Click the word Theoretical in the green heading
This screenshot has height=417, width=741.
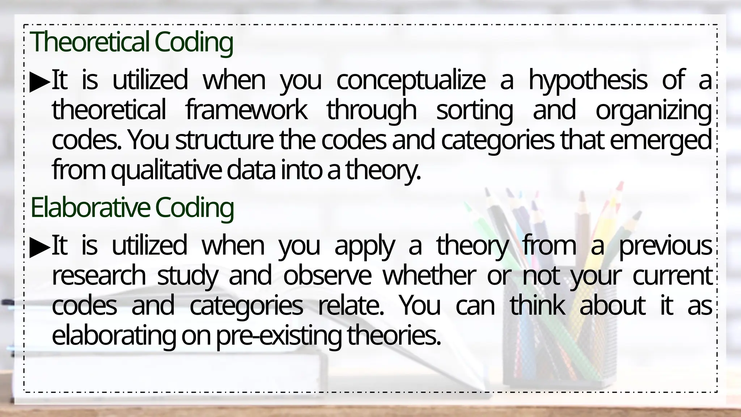coord(89,42)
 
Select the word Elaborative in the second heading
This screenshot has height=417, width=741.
coord(90,207)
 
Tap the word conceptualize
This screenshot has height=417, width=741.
coord(411,80)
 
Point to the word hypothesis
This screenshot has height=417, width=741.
coord(588,80)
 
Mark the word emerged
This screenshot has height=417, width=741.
coord(661,140)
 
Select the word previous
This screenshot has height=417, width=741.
coord(665,246)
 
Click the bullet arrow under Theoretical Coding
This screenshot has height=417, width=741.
coord(40,82)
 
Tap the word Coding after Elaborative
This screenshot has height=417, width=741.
coord(194,207)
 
